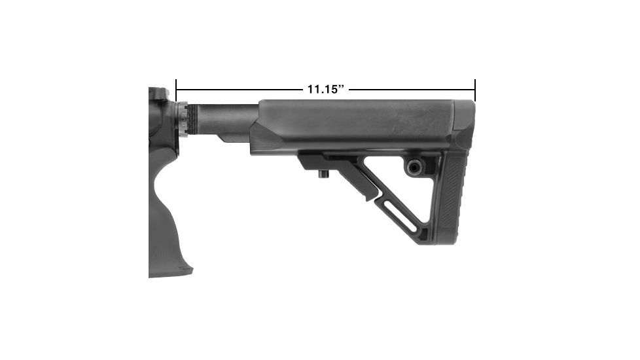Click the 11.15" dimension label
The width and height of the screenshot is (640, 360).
326,89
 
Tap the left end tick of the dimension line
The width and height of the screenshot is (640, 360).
176,89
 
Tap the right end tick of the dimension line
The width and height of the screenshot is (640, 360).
475,89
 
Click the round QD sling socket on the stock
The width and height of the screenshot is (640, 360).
415,167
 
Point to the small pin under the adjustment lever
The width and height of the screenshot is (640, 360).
323,175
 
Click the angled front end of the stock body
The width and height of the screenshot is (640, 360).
265,134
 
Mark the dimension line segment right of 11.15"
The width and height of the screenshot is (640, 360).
412,89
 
